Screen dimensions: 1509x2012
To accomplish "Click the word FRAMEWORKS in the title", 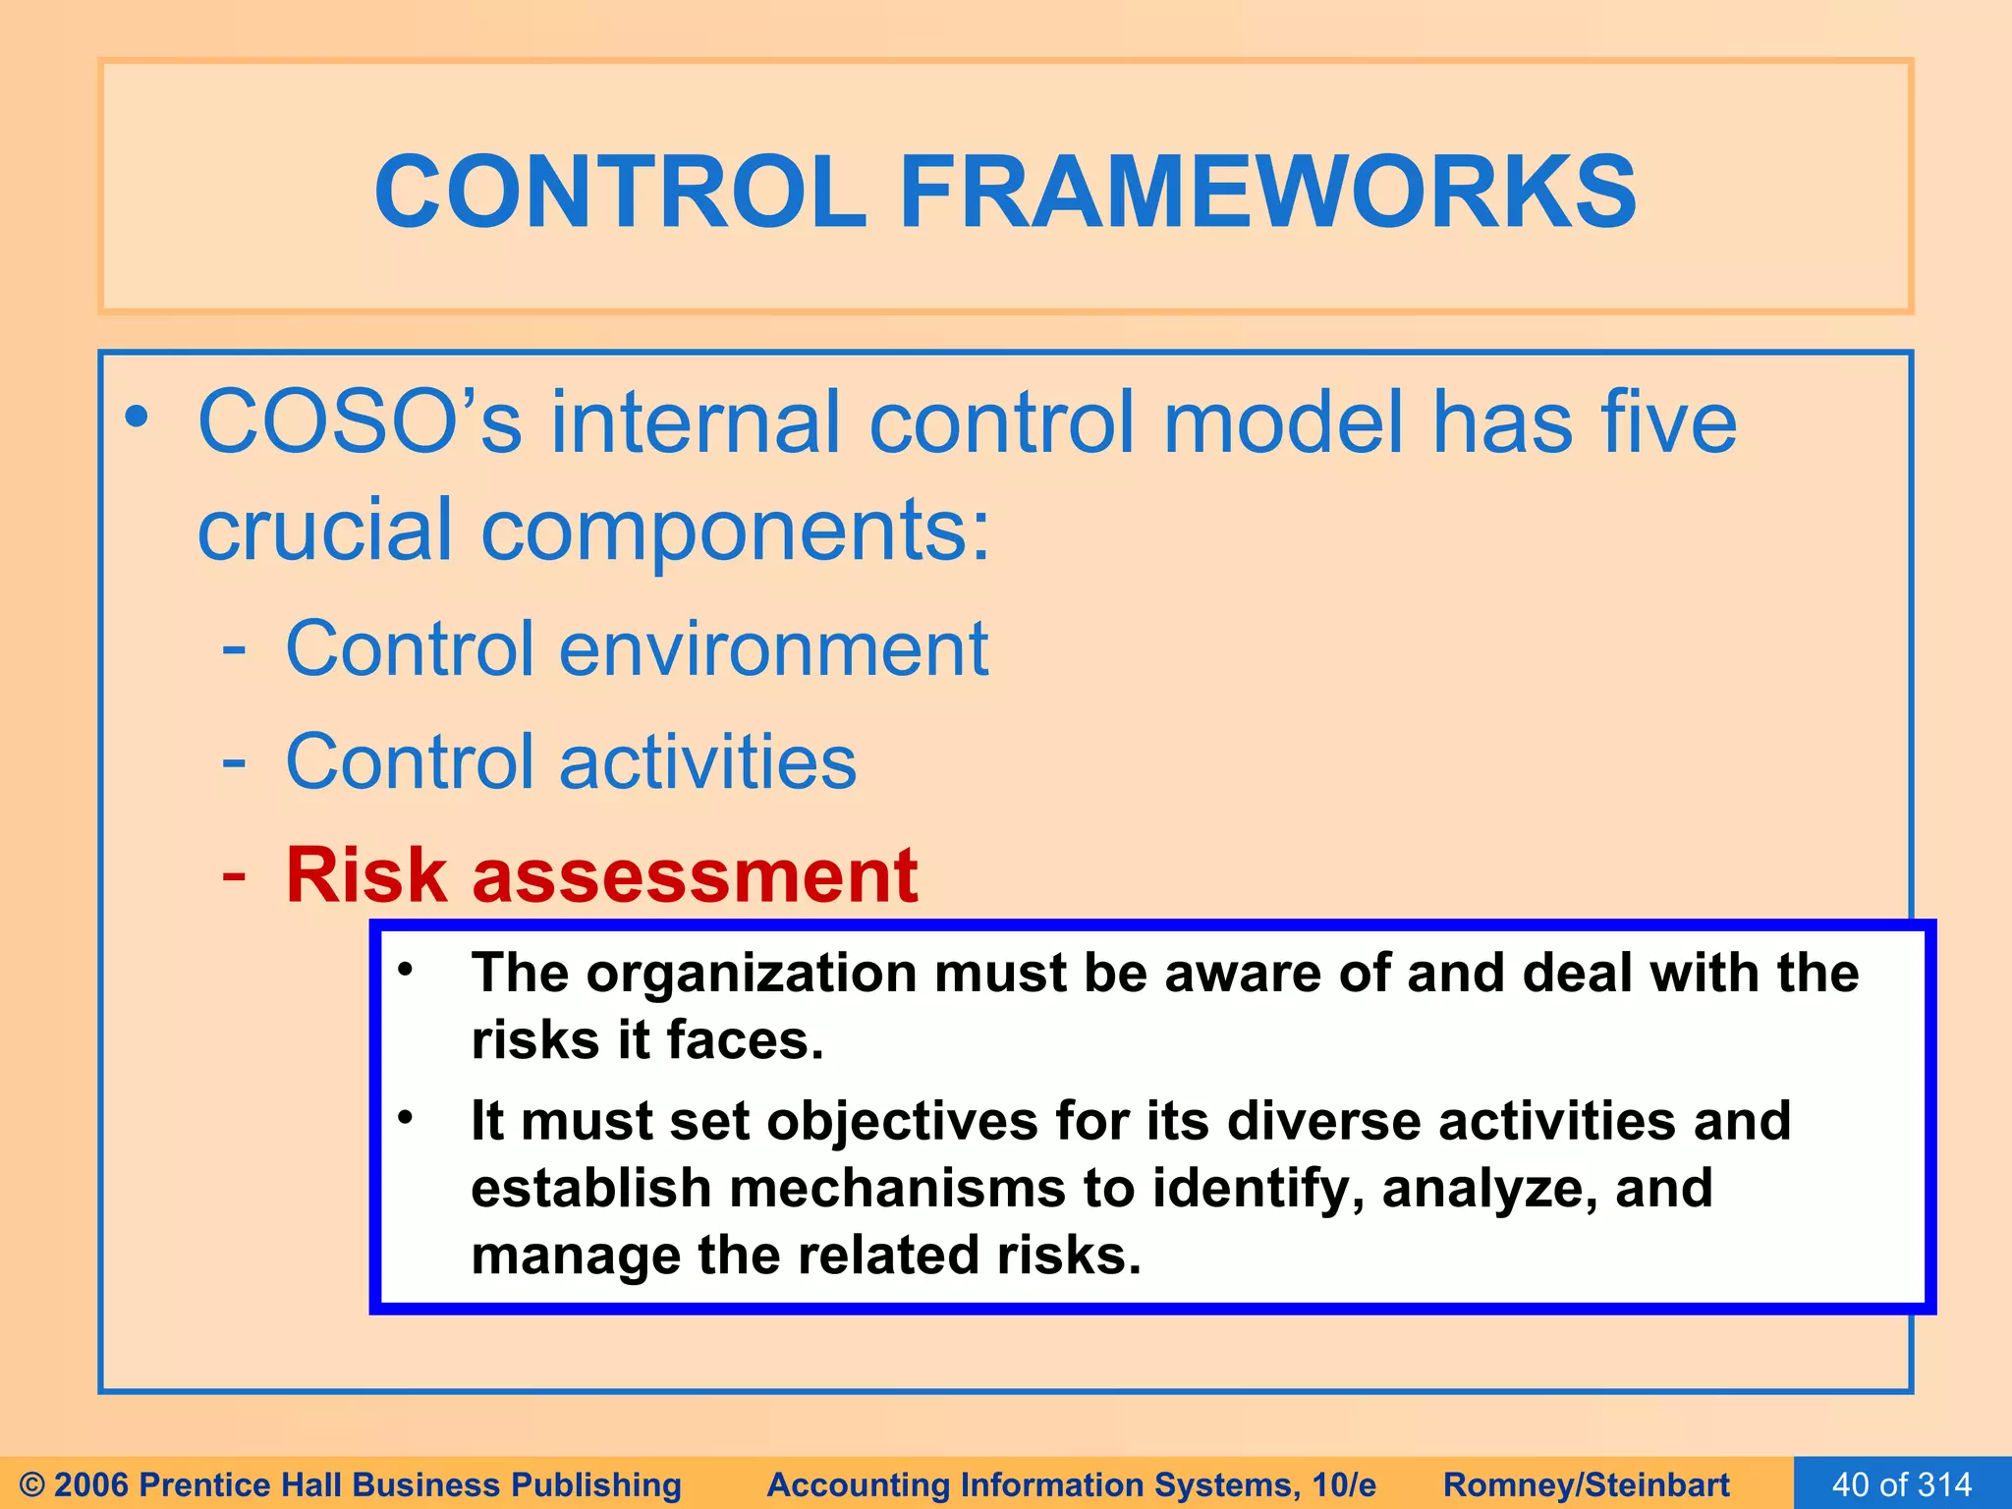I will point(1267,193).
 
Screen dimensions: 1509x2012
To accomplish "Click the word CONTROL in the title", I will point(620,193).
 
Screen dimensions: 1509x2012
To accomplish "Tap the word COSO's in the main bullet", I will point(360,422).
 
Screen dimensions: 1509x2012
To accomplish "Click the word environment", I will point(773,649).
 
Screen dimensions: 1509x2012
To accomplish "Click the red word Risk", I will point(366,875).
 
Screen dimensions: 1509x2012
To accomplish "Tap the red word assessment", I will point(695,875).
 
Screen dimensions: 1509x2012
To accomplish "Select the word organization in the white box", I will point(752,973).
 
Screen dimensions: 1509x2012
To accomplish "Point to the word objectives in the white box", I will point(902,1121).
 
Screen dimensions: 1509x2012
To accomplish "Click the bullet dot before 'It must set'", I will point(406,1118).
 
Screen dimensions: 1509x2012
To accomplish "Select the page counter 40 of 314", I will point(1902,1483).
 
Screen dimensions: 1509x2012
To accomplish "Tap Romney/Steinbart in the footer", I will point(1586,1484).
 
